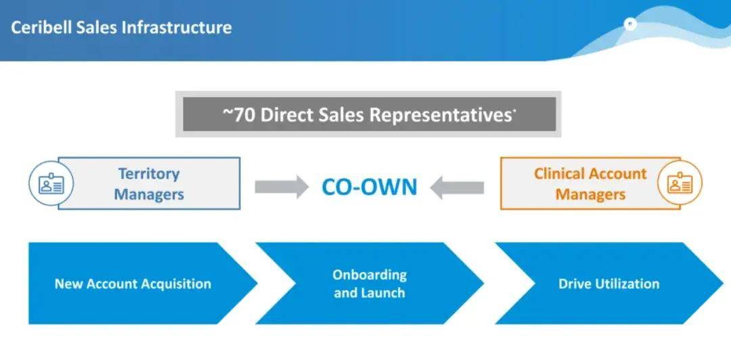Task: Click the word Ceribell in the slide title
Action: point(41,28)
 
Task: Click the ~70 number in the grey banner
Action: point(238,115)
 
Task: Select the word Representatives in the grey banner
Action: point(441,115)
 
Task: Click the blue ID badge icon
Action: point(51,184)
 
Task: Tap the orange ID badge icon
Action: point(680,184)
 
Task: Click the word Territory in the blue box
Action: point(149,174)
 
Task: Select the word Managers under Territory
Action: point(149,194)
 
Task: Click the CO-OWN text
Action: point(370,187)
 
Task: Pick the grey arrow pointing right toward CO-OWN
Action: point(282,187)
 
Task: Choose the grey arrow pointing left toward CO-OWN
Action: point(457,187)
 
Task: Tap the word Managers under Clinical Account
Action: point(590,194)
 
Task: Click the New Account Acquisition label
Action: point(133,284)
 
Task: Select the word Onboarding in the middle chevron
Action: point(370,275)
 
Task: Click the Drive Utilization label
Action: point(609,284)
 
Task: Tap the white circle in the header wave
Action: point(630,24)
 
